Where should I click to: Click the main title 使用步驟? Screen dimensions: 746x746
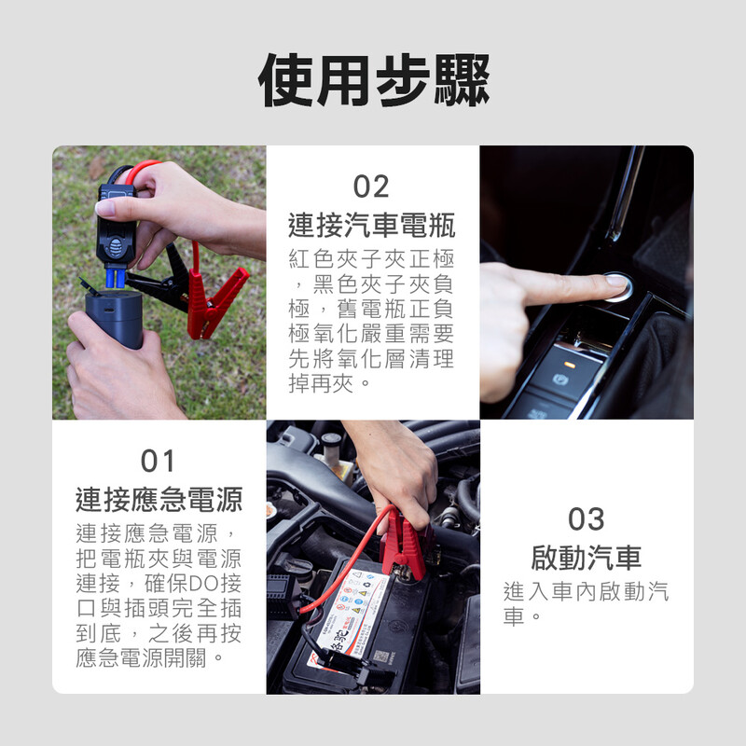tap(374, 80)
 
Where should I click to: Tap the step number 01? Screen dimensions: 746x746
tap(158, 461)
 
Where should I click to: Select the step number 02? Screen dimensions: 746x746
tap(371, 186)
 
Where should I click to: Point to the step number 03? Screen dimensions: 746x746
tap(587, 518)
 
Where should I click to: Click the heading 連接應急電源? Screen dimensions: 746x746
tap(159, 500)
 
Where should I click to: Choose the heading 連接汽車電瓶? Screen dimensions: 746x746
tap(371, 225)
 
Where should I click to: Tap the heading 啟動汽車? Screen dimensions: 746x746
tap(587, 557)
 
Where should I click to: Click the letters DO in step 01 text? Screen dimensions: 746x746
tap(202, 584)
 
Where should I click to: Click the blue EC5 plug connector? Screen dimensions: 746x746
tap(116, 278)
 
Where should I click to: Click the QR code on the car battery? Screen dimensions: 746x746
tap(380, 656)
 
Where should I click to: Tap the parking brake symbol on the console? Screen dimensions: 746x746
tap(559, 380)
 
